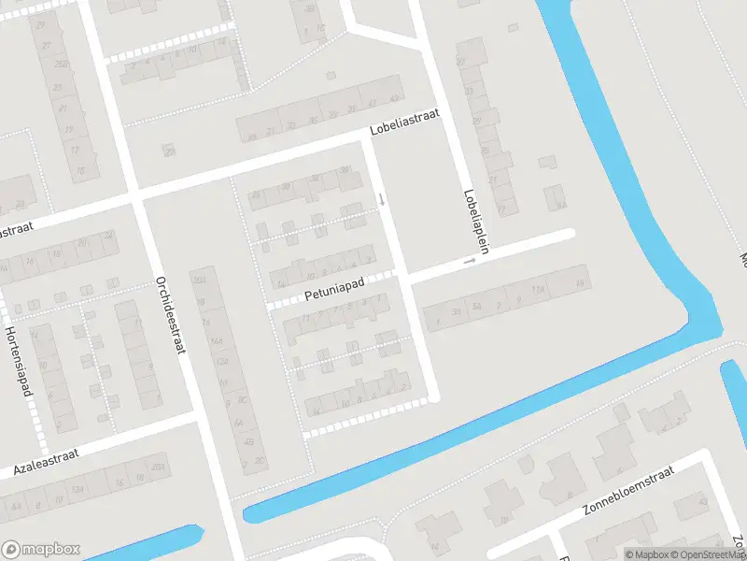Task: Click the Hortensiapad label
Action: point(19,360)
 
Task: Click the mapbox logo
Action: point(41,550)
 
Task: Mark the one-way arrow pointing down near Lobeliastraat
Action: point(381,198)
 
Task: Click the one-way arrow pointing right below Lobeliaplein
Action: point(469,262)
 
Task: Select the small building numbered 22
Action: point(169,151)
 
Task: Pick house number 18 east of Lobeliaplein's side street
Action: point(580,282)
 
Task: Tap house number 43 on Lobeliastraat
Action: point(394,97)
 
